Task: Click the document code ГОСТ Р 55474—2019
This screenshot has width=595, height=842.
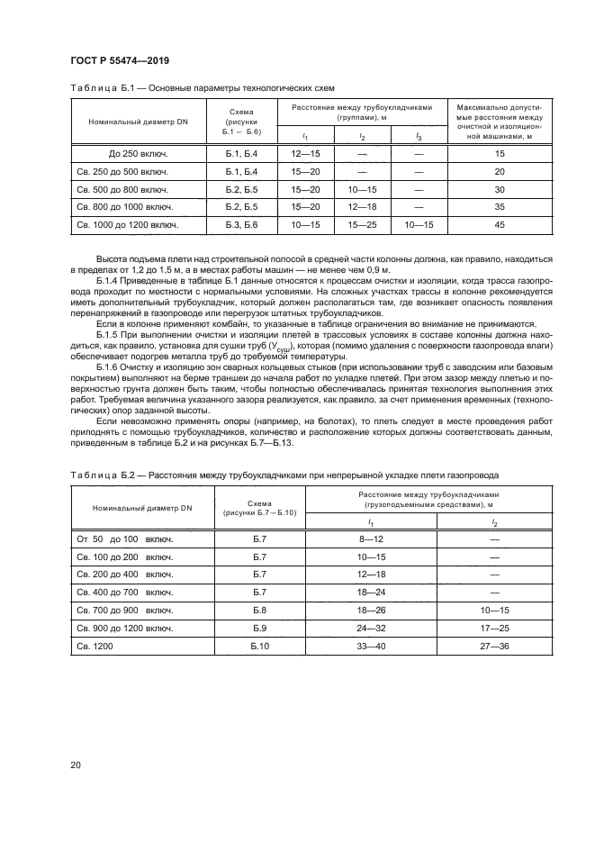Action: (x=120, y=60)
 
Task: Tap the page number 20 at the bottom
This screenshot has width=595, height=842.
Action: (x=77, y=765)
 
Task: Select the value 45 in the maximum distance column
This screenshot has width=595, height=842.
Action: (x=500, y=224)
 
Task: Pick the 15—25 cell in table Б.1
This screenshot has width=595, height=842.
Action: (x=362, y=224)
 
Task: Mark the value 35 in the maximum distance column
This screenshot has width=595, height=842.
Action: (x=500, y=206)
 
